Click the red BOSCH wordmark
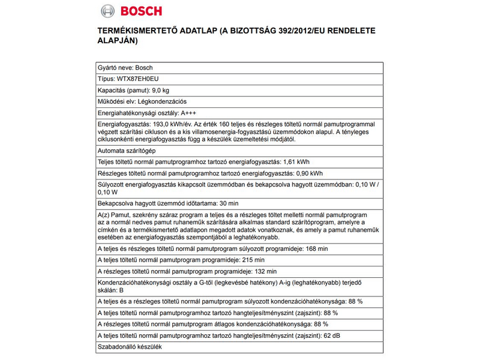(x=139, y=11)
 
